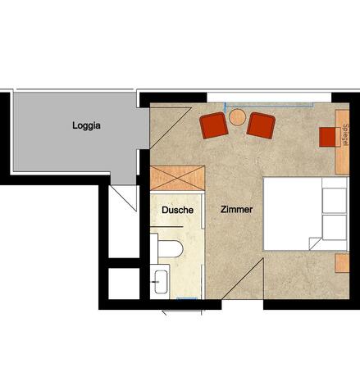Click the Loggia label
[86, 125]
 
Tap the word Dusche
[177, 210]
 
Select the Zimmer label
[236, 210]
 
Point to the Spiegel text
[346, 134]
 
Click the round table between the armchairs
[237, 117]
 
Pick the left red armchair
[214, 125]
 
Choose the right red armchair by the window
[261, 125]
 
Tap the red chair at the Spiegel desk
[327, 137]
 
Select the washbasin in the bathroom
[161, 282]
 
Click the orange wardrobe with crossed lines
[177, 178]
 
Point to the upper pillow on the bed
[334, 201]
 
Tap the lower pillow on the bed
[334, 228]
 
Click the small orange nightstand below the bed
[342, 263]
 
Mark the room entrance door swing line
[243, 279]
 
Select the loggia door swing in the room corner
[171, 128]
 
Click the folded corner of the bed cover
[315, 243]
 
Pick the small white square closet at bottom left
[124, 284]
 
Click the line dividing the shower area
[166, 227]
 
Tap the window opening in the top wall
[269, 98]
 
